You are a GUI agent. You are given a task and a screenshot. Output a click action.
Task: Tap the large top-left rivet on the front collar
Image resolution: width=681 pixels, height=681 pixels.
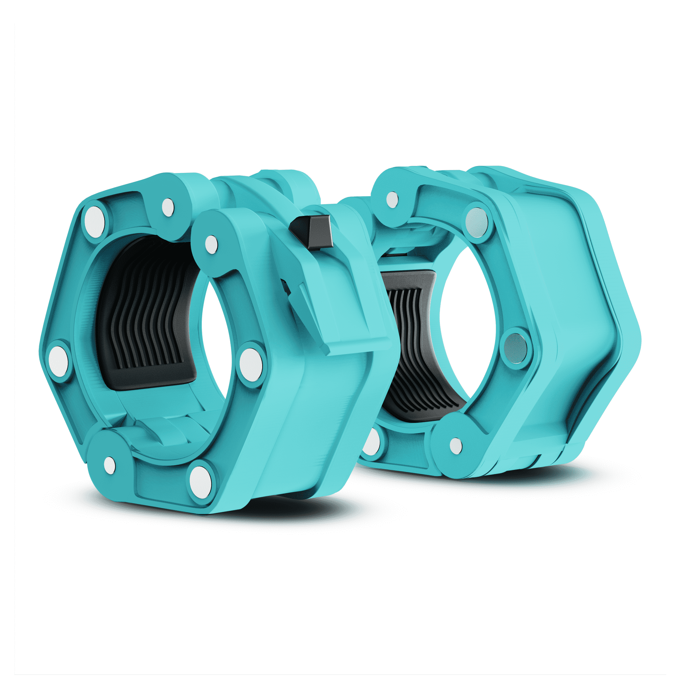pos(94,222)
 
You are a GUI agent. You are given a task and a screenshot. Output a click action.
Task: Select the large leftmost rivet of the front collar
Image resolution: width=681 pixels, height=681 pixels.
pos(58,361)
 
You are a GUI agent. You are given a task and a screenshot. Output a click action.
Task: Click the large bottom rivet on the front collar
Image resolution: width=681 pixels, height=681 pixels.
pos(201,482)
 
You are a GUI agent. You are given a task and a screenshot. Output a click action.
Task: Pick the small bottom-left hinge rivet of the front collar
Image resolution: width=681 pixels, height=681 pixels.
pos(110,465)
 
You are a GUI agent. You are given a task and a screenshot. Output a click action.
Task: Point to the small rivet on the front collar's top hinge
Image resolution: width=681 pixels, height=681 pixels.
pos(168,207)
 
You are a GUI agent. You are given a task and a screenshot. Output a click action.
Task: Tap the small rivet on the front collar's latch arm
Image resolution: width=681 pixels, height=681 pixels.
pos(211,244)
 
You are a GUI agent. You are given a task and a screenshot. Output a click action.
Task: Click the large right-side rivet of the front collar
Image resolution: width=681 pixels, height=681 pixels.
pos(251,365)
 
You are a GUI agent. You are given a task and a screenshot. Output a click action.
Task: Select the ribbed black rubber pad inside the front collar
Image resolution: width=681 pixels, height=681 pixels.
pos(148,317)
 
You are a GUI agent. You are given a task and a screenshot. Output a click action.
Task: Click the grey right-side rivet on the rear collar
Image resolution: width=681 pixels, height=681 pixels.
pos(515,348)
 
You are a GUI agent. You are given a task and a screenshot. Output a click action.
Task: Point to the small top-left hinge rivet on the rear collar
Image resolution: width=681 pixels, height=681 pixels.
pos(392,200)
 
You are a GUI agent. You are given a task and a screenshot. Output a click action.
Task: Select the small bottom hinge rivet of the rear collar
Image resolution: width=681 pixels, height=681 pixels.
pos(456,446)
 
